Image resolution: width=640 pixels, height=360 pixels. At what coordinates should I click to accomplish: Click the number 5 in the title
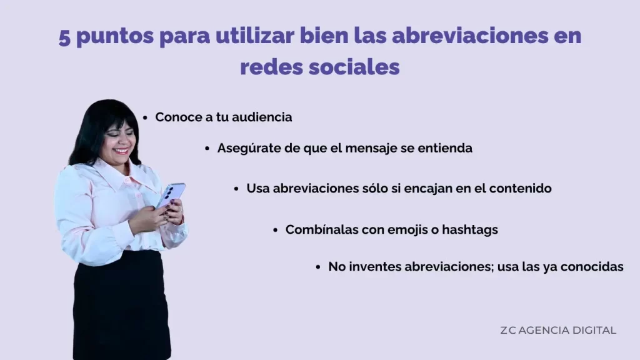[x=65, y=36]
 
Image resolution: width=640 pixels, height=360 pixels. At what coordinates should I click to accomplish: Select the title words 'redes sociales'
[x=319, y=67]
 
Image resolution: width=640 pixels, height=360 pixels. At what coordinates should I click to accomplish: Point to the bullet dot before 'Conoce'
[x=145, y=117]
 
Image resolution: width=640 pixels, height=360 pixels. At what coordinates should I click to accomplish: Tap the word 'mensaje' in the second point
[x=386, y=148]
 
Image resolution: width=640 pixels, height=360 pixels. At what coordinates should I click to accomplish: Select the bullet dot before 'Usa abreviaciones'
[x=236, y=188]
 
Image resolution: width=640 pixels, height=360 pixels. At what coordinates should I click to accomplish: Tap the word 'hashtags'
[x=469, y=229]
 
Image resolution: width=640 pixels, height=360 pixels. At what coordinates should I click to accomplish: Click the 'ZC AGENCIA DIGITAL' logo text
[x=557, y=330]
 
